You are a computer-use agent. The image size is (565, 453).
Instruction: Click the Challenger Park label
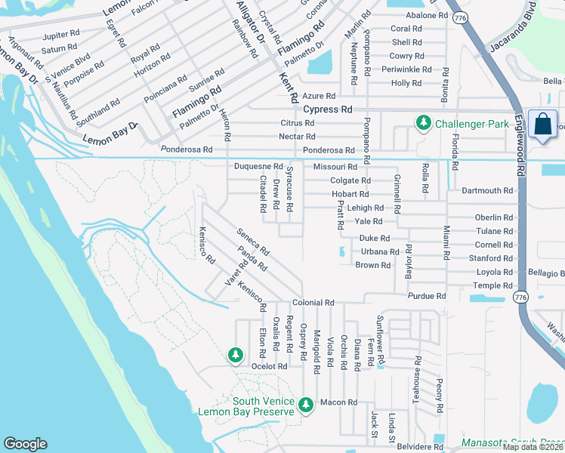click(x=469, y=123)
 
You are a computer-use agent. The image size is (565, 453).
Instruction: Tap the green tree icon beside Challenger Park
click(x=423, y=123)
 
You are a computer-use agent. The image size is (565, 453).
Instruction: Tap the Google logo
click(x=25, y=444)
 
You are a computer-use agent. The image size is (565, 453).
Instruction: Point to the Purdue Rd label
click(x=427, y=296)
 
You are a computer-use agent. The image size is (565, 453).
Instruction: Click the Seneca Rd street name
click(x=253, y=243)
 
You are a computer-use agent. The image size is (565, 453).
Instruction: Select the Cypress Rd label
click(x=328, y=109)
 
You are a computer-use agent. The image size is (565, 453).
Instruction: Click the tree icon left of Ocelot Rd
click(x=236, y=354)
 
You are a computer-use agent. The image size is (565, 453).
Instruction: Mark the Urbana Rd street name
click(x=379, y=251)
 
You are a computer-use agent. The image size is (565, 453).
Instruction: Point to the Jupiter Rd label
click(x=61, y=35)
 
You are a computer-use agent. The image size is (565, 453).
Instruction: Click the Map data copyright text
click(x=533, y=447)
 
